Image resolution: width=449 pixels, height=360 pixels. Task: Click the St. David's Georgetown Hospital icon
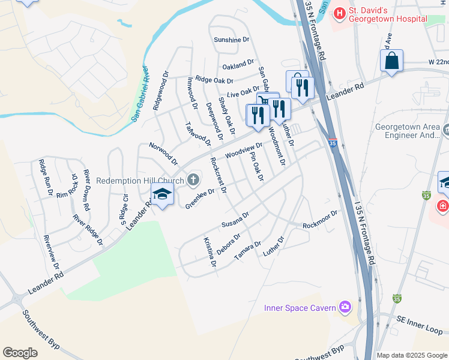(x=340, y=12)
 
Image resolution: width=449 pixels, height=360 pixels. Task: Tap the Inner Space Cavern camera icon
(x=345, y=307)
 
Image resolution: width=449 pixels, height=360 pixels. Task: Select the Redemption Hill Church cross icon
(x=193, y=179)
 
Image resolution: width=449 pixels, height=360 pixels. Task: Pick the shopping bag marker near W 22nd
(x=391, y=61)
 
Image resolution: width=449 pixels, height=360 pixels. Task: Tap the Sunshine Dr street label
(x=231, y=40)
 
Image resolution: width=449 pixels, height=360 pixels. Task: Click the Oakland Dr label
(x=238, y=66)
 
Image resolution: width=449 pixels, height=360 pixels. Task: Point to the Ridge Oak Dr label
(x=214, y=80)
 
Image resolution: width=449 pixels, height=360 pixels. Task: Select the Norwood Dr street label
(x=163, y=154)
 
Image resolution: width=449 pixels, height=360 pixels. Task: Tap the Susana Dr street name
(x=235, y=220)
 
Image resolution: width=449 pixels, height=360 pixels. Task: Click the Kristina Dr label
(x=209, y=252)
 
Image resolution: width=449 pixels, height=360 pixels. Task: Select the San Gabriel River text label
(x=139, y=94)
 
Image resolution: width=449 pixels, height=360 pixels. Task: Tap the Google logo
(x=20, y=353)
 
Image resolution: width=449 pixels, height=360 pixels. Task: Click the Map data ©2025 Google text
(x=411, y=355)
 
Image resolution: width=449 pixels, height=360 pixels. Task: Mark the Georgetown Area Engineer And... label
(x=408, y=131)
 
